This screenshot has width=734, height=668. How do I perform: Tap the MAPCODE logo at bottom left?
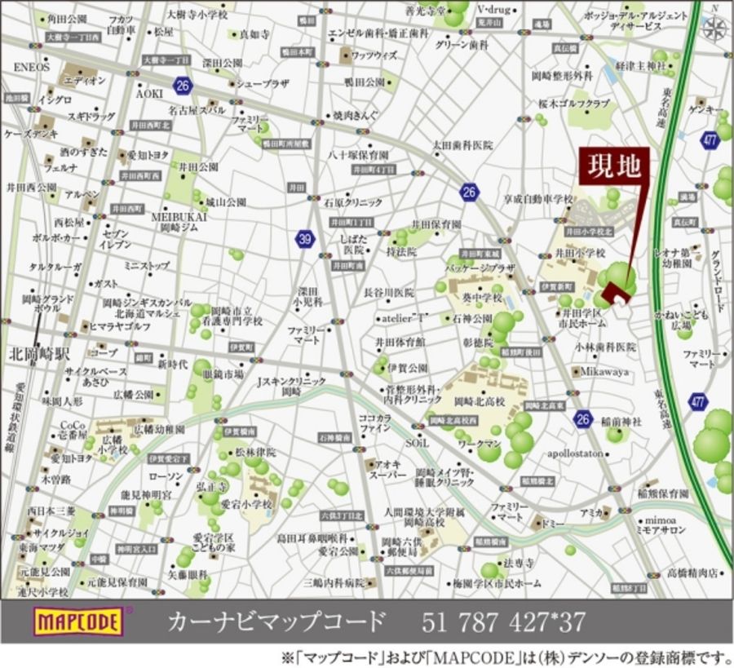[77, 622]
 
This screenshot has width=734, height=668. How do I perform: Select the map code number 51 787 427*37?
[503, 622]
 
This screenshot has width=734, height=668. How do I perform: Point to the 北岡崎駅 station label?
[38, 355]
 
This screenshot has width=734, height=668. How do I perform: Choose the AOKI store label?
[150, 93]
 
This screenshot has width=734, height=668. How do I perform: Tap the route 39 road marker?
[305, 239]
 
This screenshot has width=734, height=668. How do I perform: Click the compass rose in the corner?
[715, 29]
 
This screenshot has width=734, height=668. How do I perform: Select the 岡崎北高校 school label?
[481, 402]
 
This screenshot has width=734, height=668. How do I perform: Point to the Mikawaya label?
[604, 371]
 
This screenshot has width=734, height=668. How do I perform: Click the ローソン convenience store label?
[166, 476]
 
